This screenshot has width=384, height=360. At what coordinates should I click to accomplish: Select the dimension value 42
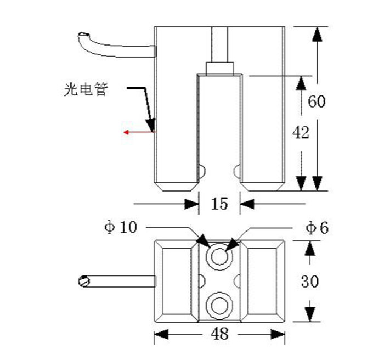point(301,133)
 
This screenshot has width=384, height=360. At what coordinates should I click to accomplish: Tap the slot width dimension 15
point(219,204)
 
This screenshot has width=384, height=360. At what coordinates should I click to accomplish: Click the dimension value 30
point(310,282)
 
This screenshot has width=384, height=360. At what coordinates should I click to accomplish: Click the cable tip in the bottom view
point(83,281)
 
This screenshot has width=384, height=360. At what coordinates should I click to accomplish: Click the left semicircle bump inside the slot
point(201,172)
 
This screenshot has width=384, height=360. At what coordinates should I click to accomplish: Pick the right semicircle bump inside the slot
point(237,172)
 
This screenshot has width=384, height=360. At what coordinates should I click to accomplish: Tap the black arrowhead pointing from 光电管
point(150,123)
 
